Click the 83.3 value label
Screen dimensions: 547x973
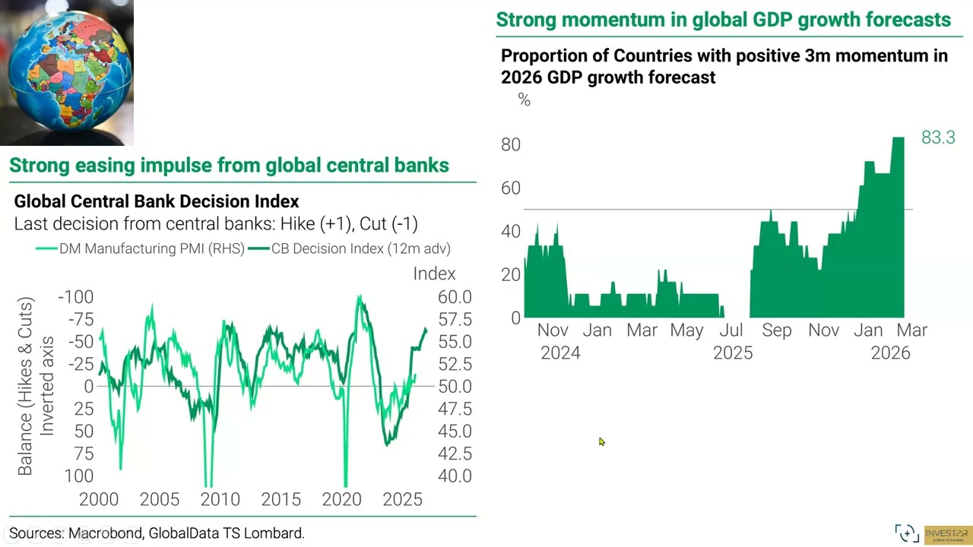(938, 138)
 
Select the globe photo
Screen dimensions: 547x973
(67, 72)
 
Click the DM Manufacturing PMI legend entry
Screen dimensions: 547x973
(140, 248)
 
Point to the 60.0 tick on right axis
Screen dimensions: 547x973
(455, 297)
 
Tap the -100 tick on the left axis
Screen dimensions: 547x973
(75, 297)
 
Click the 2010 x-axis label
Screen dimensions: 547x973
(220, 499)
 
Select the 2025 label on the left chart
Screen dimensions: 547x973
(402, 499)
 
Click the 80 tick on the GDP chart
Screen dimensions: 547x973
(511, 144)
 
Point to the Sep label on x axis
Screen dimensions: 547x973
(777, 330)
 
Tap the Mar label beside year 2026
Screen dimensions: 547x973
(912, 330)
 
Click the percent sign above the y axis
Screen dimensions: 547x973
(524, 100)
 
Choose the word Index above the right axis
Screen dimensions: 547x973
(434, 273)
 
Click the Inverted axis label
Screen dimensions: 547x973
(47, 386)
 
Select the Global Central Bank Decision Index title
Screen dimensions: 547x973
(157, 201)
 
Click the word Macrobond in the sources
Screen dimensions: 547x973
(105, 533)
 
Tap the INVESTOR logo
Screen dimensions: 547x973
(947, 534)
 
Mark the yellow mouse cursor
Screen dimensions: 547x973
(601, 441)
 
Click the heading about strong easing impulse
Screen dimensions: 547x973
(229, 165)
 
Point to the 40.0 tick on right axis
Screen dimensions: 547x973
(455, 476)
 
